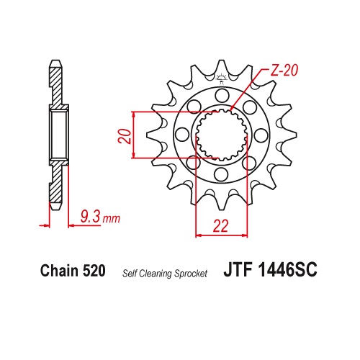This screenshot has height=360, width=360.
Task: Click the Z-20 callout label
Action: click(284, 71)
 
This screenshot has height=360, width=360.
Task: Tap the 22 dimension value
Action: click(221, 226)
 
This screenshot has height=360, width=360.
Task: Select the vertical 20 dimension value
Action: click(125, 136)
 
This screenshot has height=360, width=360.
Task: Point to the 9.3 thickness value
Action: click(90, 216)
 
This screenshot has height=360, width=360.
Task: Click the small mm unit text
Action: click(111, 219)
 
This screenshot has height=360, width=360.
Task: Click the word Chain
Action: click(60, 271)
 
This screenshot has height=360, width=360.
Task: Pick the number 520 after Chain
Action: click(94, 271)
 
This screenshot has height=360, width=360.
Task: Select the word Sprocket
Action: click(191, 274)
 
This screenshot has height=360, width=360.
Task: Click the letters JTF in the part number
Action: click(238, 270)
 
